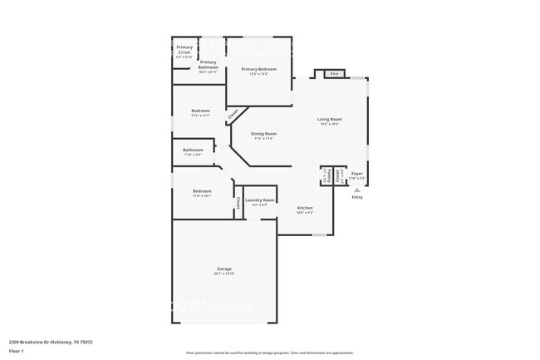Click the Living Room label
coord(330,119)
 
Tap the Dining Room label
coord(264,134)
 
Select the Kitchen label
coord(305,207)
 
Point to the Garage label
coord(224,269)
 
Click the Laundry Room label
coord(260,200)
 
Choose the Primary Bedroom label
coord(258,69)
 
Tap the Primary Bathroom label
coord(208,62)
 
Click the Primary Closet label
coord(184,51)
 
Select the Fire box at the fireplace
coord(335,74)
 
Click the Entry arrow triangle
coord(357,190)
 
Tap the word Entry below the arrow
coord(357,197)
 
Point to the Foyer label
coord(356,174)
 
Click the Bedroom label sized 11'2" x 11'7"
coord(200,111)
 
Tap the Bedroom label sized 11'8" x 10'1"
coord(201,191)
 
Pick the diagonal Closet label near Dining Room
coord(233,114)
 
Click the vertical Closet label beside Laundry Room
coord(238,203)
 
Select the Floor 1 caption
coord(17,349)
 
